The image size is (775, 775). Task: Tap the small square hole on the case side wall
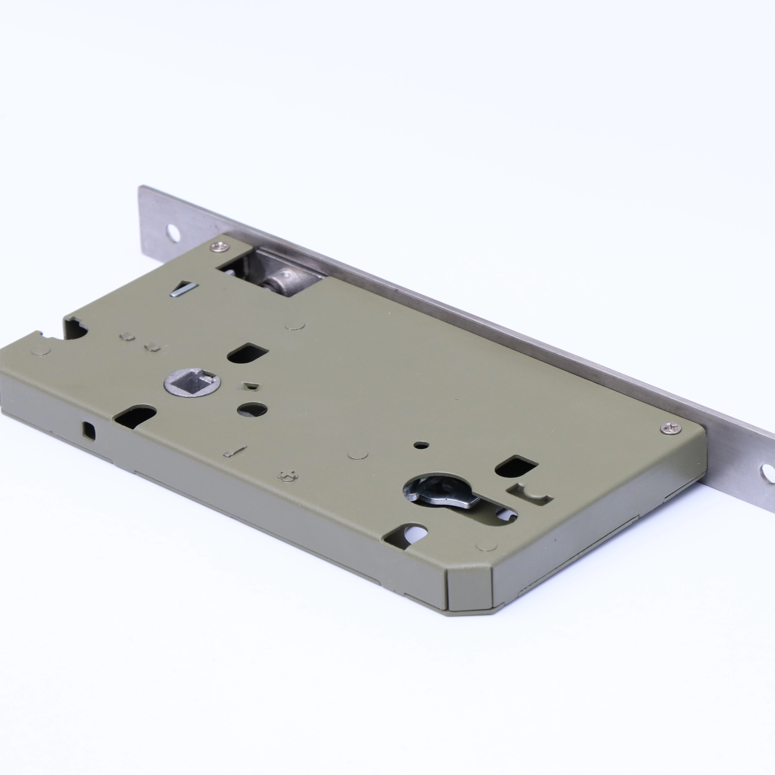tap(89, 431)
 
